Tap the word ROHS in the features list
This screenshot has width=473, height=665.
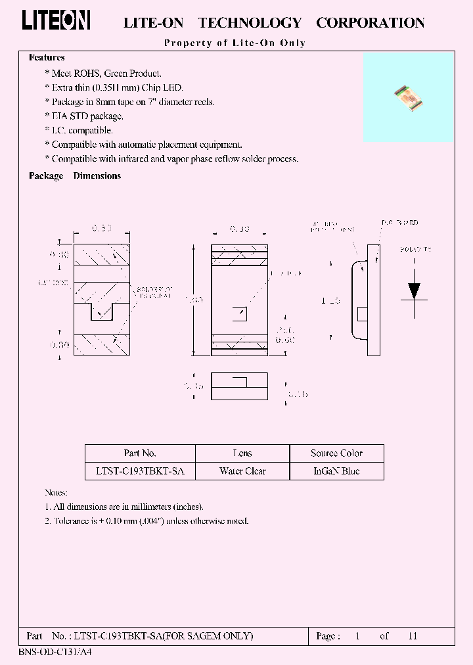(x=93, y=74)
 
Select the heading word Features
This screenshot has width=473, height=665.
(x=47, y=58)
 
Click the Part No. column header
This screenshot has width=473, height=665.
(x=140, y=453)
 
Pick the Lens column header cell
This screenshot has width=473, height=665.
(x=242, y=453)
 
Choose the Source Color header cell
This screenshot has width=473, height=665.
(x=336, y=453)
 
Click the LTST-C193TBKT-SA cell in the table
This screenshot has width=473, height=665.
(x=140, y=471)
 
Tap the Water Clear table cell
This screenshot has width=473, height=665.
(x=242, y=471)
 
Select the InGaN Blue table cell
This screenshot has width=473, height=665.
(x=336, y=471)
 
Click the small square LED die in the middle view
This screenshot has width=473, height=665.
(x=239, y=312)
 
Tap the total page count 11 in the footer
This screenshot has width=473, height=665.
(x=413, y=636)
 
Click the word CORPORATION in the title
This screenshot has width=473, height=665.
(x=371, y=23)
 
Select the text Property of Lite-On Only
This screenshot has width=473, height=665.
(x=235, y=43)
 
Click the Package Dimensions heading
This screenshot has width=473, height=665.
(x=75, y=176)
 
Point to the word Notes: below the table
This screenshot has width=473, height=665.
(x=56, y=492)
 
